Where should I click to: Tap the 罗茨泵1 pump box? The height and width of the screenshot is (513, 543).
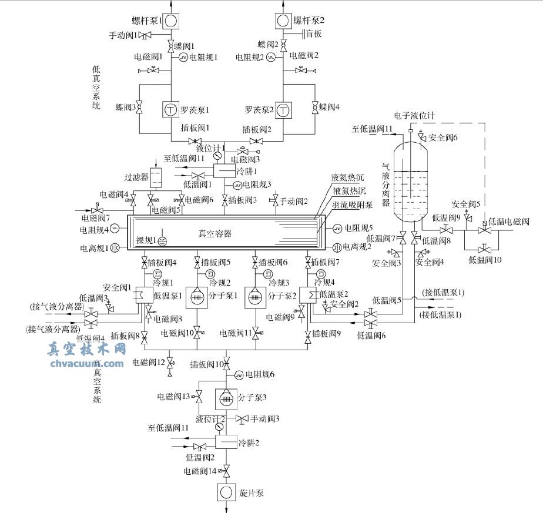tap(170, 109)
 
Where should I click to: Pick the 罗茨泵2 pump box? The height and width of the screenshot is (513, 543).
tap(284, 109)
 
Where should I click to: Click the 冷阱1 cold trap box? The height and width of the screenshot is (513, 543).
tap(224, 171)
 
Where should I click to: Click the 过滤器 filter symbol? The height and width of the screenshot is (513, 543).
tap(156, 176)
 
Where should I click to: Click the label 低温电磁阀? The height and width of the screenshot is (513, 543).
tap(510, 222)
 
